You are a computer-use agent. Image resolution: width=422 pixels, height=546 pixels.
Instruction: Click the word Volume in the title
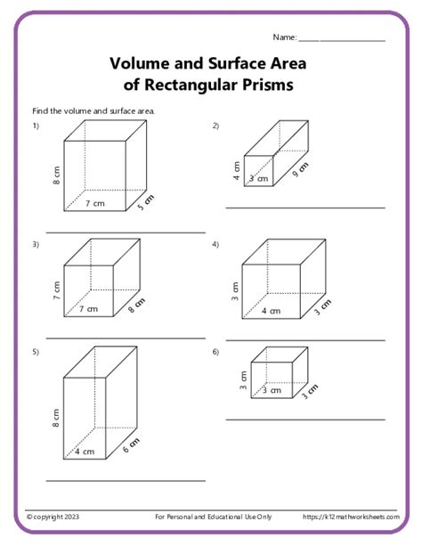point(142,64)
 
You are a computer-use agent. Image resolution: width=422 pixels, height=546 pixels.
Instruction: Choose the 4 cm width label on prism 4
point(271,311)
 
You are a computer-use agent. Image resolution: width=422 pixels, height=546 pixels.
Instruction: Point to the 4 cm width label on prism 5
point(85,452)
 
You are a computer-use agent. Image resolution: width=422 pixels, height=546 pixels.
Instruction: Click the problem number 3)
point(37,243)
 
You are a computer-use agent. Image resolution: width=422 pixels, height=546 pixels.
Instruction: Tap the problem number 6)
point(215,352)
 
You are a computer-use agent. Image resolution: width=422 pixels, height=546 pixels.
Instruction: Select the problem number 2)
point(215,126)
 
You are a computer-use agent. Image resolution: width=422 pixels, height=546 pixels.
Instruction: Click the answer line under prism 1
point(126,232)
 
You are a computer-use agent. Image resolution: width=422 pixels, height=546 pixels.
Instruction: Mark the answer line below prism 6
point(304,419)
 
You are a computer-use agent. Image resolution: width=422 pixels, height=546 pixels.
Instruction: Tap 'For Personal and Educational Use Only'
point(213,517)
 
